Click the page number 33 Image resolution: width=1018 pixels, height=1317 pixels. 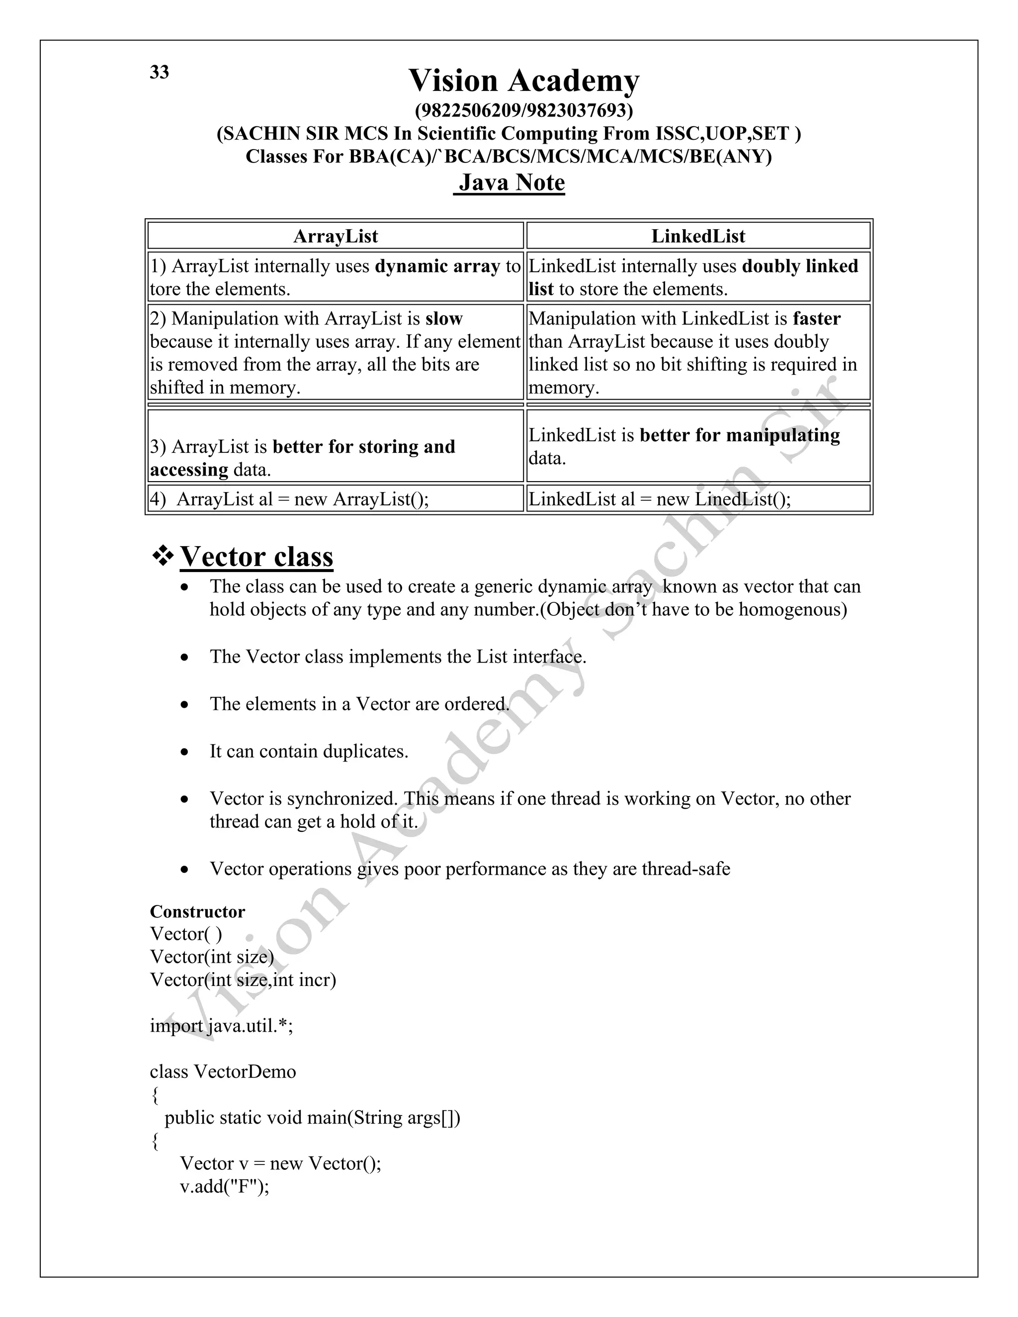[159, 73]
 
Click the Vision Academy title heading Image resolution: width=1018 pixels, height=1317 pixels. [523, 81]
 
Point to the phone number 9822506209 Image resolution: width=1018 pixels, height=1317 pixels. [468, 110]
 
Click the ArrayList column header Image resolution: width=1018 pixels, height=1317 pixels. [336, 236]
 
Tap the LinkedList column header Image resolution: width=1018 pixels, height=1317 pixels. [698, 236]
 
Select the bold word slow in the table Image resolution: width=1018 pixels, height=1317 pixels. [443, 319]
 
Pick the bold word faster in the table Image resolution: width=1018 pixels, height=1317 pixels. [817, 319]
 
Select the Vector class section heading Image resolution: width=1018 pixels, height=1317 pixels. [256, 557]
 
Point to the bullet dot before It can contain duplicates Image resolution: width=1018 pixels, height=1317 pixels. [184, 752]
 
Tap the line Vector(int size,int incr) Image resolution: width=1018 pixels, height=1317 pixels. [243, 980]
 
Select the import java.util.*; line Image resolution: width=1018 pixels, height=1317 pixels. [221, 1026]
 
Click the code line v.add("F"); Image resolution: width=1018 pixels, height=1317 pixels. [224, 1186]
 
